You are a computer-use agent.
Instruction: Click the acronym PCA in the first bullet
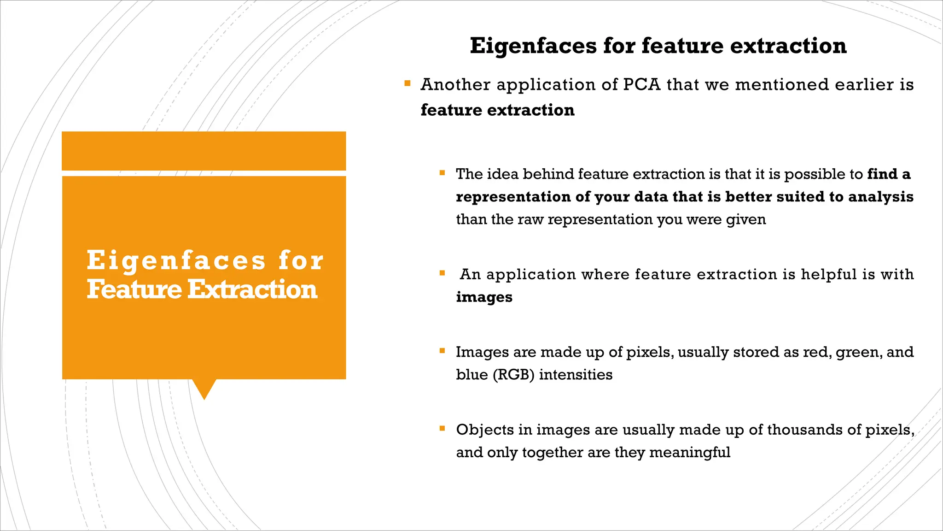tap(641, 85)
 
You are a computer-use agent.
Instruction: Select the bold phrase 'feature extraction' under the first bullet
tap(497, 110)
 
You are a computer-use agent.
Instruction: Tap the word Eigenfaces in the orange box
tap(176, 261)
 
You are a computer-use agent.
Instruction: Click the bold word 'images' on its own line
tap(484, 297)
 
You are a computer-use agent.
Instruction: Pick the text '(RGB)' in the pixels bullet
tap(513, 375)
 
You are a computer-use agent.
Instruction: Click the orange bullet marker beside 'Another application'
tap(407, 84)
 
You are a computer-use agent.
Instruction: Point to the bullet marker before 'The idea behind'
tap(442, 173)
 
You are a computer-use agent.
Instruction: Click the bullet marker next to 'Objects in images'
tap(442, 429)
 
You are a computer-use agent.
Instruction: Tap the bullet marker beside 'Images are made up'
tap(442, 351)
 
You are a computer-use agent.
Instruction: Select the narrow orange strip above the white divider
tap(204, 151)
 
